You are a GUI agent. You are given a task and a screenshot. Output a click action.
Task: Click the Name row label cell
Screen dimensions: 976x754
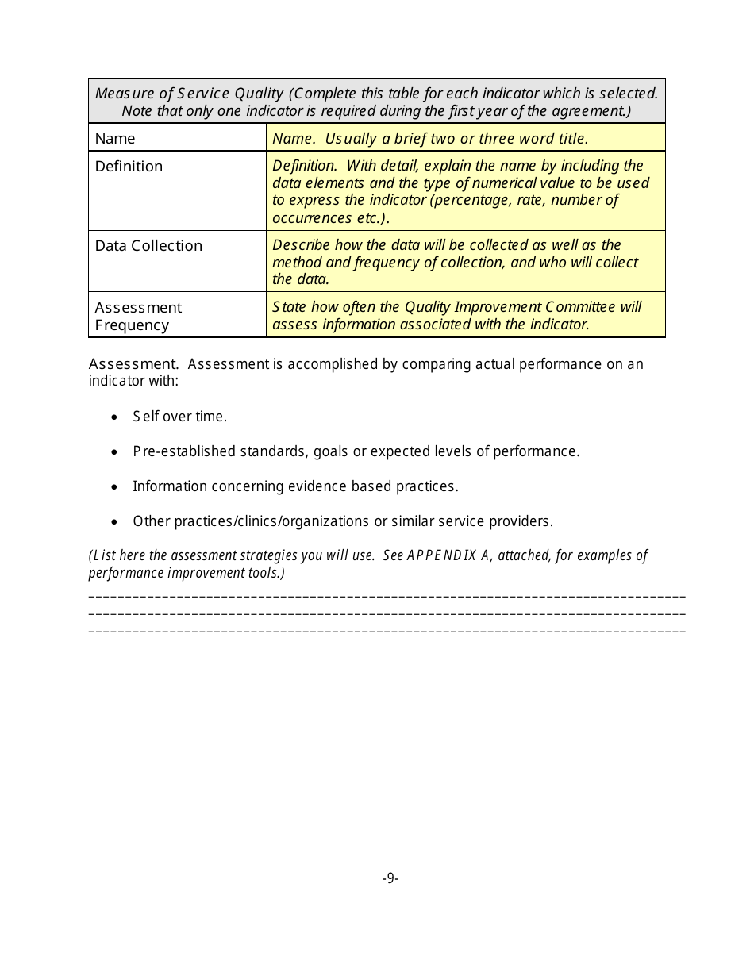[115, 138]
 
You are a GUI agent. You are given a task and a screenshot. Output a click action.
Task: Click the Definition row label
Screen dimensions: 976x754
[129, 166]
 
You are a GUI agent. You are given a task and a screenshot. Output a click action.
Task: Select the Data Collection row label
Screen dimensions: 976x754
[148, 245]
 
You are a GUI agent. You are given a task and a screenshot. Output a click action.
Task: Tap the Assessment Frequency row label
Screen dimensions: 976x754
[138, 316]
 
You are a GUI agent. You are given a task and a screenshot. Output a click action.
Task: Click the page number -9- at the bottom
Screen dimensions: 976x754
[390, 878]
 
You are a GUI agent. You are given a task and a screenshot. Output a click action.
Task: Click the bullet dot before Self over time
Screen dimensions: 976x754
[116, 417]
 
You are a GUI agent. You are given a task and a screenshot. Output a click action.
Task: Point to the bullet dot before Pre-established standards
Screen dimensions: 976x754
[116, 451]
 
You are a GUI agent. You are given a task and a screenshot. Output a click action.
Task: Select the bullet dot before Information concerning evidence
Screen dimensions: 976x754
[116, 486]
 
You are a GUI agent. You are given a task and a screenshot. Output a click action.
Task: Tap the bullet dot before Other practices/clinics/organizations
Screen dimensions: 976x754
[116, 521]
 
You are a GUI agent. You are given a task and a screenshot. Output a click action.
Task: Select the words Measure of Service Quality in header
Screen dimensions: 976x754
[189, 94]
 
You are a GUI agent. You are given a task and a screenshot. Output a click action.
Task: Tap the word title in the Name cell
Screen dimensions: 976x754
[571, 138]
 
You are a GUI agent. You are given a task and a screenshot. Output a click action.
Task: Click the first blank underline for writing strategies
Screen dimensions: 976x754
[387, 596]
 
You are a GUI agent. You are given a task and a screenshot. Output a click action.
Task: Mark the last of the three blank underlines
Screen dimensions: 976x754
[387, 632]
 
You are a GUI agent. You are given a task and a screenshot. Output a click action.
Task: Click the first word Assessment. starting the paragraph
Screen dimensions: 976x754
[133, 364]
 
